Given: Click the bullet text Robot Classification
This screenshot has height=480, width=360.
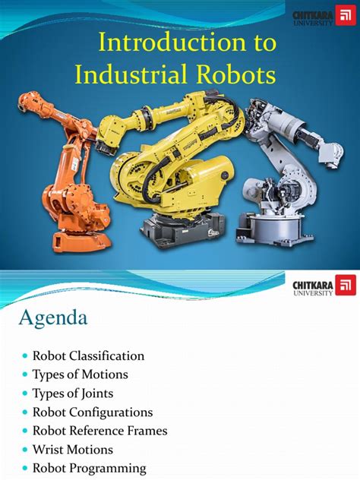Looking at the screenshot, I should click(x=88, y=355).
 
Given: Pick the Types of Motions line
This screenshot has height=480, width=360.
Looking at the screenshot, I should click(x=80, y=374).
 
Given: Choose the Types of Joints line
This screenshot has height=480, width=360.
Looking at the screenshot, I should click(x=74, y=393).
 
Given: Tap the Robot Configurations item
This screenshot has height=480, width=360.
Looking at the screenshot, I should click(x=93, y=412).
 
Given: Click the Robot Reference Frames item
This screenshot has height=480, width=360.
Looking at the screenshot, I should click(x=99, y=431).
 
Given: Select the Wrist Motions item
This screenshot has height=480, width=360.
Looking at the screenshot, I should click(x=73, y=450).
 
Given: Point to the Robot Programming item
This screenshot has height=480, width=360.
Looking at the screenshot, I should click(x=89, y=468).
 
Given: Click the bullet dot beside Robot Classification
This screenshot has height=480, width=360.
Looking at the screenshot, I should click(x=25, y=356).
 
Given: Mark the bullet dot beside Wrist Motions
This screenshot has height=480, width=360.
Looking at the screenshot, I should click(x=25, y=450).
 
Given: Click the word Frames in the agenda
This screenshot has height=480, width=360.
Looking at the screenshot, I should click(x=147, y=431).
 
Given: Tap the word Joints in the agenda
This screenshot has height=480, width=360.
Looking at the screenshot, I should click(x=99, y=393).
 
